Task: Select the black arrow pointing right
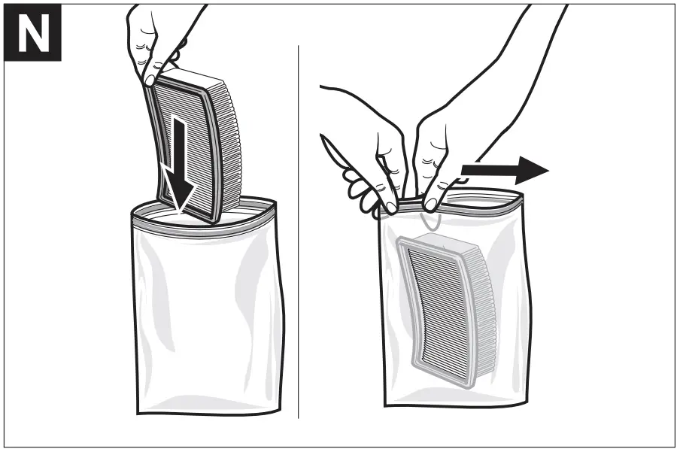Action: click(504, 170)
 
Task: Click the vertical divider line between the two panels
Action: click(299, 226)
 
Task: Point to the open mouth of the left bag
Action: click(202, 214)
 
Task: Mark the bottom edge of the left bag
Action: click(203, 412)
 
